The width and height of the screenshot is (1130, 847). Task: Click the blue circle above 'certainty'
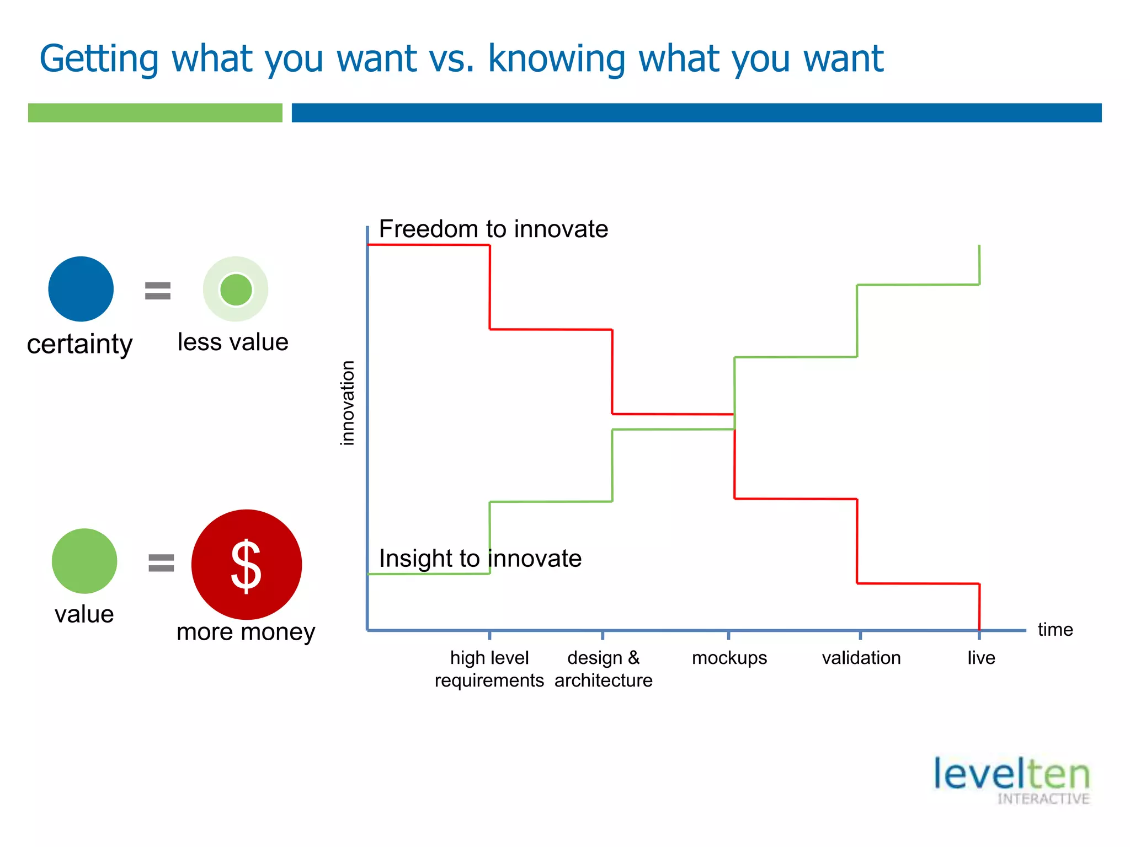click(x=81, y=289)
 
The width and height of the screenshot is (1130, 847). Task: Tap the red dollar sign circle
click(x=246, y=564)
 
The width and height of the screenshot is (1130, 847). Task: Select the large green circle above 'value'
click(x=84, y=561)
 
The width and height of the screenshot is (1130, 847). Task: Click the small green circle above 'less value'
click(x=236, y=290)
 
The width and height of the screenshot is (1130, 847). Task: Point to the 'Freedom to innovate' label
click(x=493, y=229)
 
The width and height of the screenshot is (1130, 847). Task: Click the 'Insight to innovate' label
click(x=480, y=559)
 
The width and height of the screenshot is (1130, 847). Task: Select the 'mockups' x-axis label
click(x=729, y=658)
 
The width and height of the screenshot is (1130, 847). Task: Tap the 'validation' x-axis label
click(x=861, y=658)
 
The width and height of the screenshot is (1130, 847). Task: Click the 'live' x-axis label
click(x=981, y=658)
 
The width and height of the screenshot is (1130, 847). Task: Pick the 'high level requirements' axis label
click(x=489, y=669)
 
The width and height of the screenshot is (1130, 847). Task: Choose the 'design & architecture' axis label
click(x=603, y=669)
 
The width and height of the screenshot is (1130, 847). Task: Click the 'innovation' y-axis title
click(x=348, y=403)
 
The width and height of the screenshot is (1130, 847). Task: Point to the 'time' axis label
click(x=1055, y=630)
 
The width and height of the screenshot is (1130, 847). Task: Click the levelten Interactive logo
click(x=1012, y=780)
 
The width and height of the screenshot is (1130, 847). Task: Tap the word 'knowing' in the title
click(x=557, y=58)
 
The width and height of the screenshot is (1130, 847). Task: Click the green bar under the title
click(x=155, y=112)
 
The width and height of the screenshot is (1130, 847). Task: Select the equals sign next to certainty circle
click(x=158, y=291)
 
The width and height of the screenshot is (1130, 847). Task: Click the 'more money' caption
click(x=246, y=632)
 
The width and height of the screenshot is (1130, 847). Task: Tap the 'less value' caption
click(x=233, y=342)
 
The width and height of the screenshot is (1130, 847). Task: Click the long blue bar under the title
click(x=696, y=112)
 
